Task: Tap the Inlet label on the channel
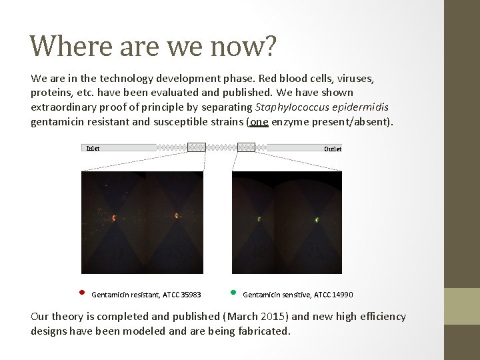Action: (x=93, y=148)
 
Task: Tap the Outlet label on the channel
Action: (x=333, y=149)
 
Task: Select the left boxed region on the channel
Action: (x=197, y=147)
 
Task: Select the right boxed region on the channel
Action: (x=246, y=147)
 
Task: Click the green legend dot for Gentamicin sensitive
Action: (x=233, y=293)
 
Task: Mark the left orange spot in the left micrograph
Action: (x=114, y=217)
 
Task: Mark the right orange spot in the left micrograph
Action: (x=177, y=215)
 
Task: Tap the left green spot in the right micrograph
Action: (x=259, y=218)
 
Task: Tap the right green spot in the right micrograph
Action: (x=317, y=219)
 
